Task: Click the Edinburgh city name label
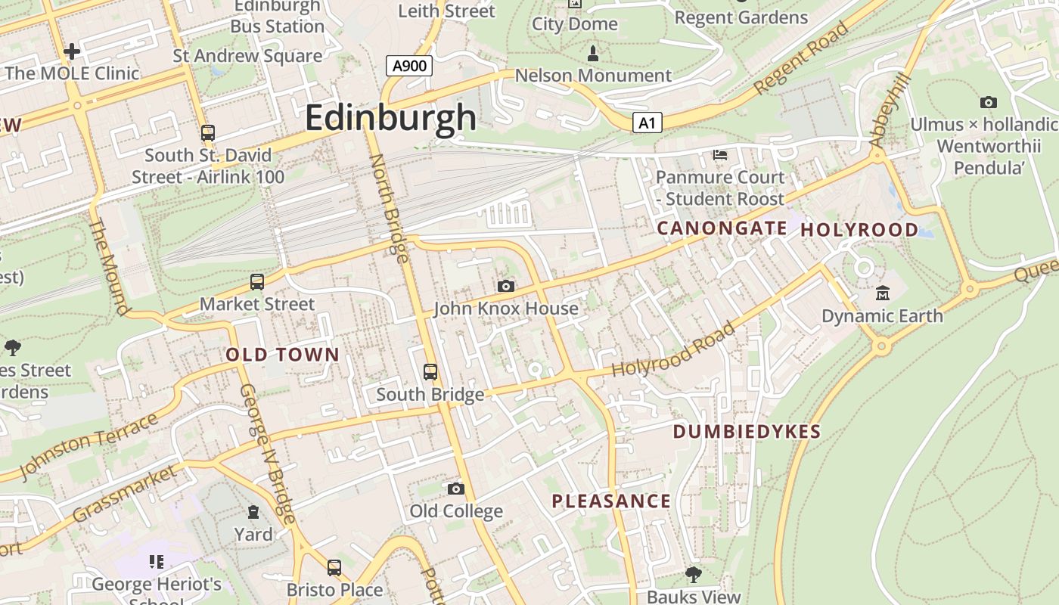[391, 118]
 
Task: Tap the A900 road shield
[409, 66]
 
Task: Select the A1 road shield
[647, 123]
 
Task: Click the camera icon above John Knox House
[506, 286]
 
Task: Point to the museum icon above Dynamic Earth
[882, 293]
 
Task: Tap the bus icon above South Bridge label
[430, 371]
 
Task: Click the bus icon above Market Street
[257, 282]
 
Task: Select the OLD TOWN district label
[283, 355]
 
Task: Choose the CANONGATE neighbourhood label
[722, 228]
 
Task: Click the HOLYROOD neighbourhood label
[859, 229]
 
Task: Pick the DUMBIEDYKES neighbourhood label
[747, 432]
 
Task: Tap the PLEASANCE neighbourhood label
[611, 501]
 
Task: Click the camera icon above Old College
[455, 489]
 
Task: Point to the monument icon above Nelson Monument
[593, 54]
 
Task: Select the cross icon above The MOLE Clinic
[72, 51]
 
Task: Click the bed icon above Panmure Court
[720, 155]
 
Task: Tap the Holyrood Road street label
[673, 349]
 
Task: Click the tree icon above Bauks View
[693, 575]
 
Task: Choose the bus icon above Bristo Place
[334, 567]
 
